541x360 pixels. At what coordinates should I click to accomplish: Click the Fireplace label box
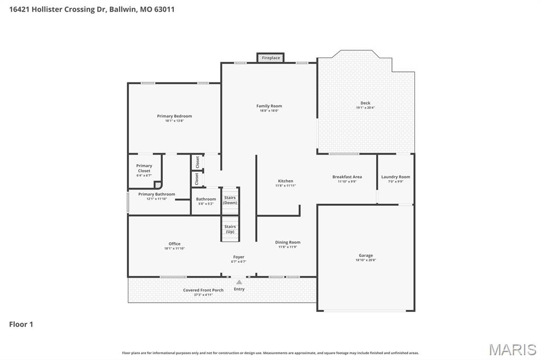pyautogui.click(x=270, y=58)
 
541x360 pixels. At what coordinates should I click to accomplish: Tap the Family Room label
pyautogui.click(x=269, y=106)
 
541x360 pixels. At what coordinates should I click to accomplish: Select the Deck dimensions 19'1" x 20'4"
pyautogui.click(x=365, y=108)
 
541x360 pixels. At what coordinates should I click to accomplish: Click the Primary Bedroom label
pyautogui.click(x=174, y=116)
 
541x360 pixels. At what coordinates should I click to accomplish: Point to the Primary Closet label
pyautogui.click(x=144, y=168)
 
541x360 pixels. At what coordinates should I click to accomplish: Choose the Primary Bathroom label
pyautogui.click(x=156, y=194)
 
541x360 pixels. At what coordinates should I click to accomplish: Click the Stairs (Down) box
pyautogui.click(x=230, y=201)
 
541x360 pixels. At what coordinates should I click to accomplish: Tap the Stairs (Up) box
pyautogui.click(x=230, y=229)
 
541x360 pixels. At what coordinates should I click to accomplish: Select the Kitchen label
pyautogui.click(x=285, y=181)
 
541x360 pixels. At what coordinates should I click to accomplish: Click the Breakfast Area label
pyautogui.click(x=347, y=177)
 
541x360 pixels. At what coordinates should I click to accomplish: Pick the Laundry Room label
pyautogui.click(x=396, y=177)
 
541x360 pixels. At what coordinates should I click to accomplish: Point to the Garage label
pyautogui.click(x=366, y=255)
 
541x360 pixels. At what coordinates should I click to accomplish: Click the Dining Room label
pyautogui.click(x=287, y=242)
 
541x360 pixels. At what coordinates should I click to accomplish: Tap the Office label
pyautogui.click(x=174, y=244)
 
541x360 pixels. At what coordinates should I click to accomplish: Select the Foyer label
pyautogui.click(x=239, y=257)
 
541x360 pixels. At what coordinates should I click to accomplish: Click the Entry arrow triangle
pyautogui.click(x=239, y=282)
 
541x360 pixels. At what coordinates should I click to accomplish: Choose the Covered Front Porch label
pyautogui.click(x=203, y=290)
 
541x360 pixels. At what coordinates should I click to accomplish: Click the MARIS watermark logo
pyautogui.click(x=512, y=349)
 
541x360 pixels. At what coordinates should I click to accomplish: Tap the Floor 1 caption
pyautogui.click(x=21, y=325)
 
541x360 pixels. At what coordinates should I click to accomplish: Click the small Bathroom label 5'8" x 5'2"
pyautogui.click(x=206, y=200)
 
